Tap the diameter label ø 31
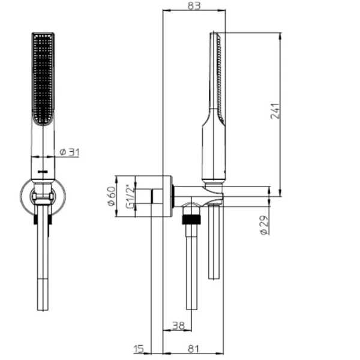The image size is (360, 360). tap(70, 153)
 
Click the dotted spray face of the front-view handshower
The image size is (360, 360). tap(42, 78)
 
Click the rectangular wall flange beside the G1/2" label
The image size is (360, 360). tap(161, 196)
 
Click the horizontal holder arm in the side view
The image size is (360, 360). tap(198, 193)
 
